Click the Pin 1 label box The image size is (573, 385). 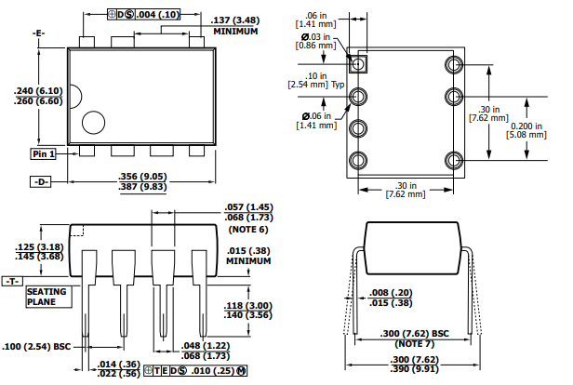click(44, 153)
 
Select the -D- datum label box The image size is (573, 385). click(41, 181)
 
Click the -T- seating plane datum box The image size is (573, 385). click(12, 280)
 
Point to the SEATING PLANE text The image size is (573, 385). click(47, 296)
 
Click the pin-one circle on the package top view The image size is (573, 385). click(93, 122)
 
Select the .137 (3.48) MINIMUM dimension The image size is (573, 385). click(236, 25)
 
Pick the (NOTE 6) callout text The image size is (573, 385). click(248, 229)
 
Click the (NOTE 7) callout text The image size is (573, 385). click(416, 343)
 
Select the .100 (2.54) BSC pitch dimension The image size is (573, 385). click(37, 346)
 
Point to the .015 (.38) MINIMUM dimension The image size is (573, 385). click(247, 256)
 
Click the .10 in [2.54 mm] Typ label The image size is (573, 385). click(313, 80)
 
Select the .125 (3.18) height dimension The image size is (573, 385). click(38, 251)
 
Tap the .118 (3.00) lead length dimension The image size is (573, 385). click(247, 310)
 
